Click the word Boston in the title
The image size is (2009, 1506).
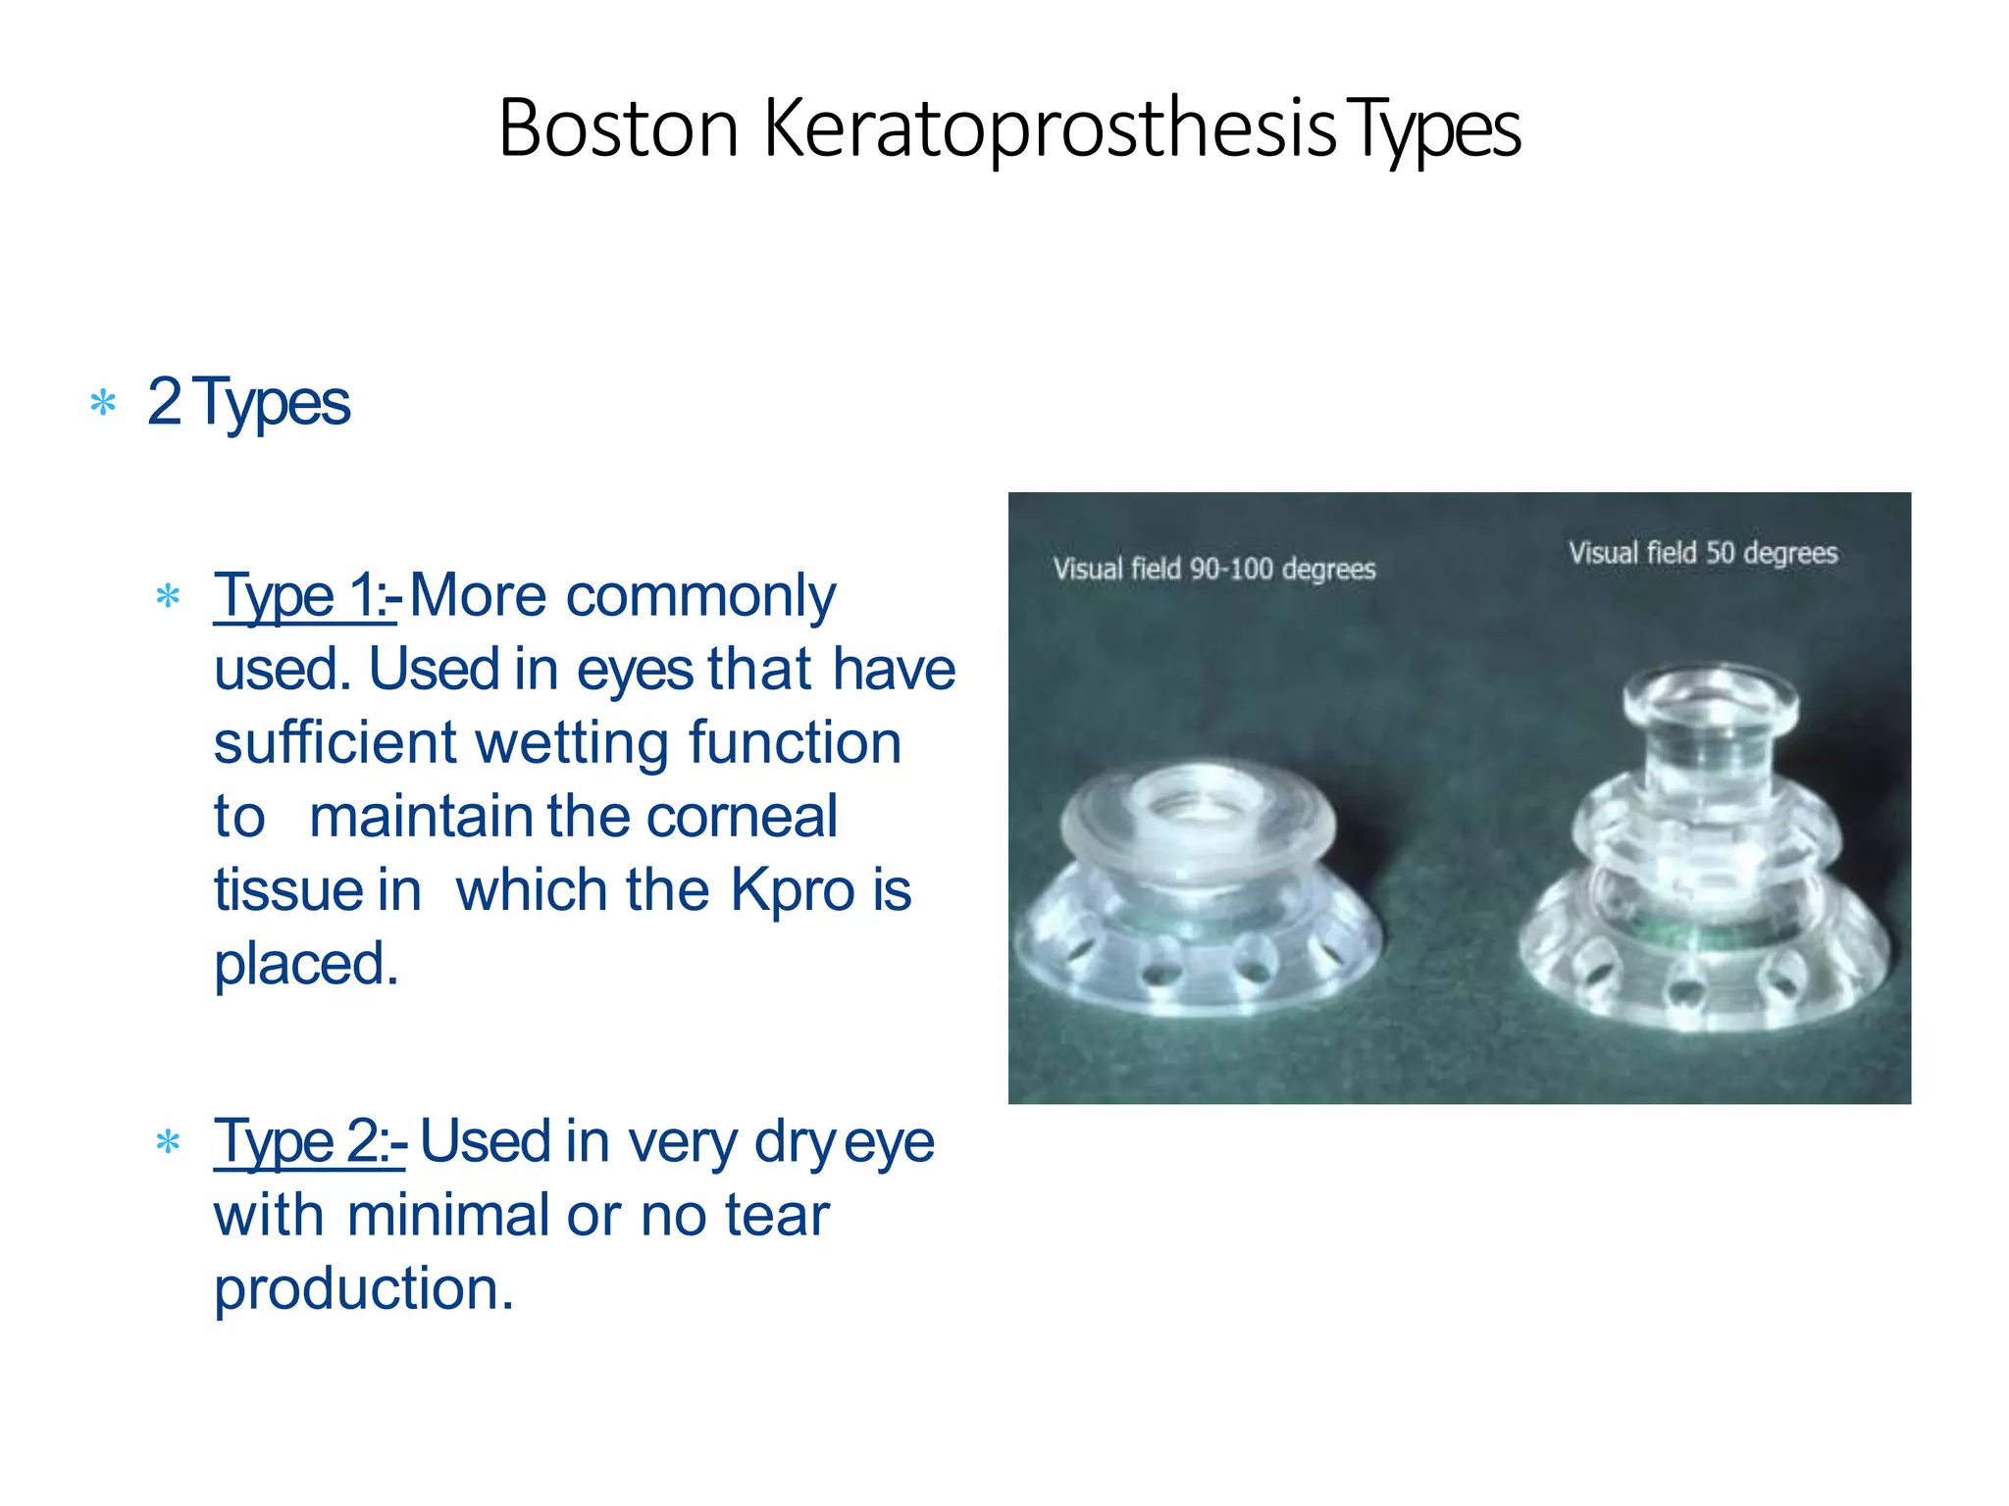click(618, 128)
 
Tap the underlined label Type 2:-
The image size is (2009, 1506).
click(309, 1142)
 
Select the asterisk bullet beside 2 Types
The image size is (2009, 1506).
click(103, 403)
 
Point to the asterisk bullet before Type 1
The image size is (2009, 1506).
click(169, 596)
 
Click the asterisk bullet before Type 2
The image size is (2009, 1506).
click(169, 1142)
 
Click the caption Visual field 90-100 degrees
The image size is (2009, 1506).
click(1214, 569)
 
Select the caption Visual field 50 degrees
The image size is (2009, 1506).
click(1702, 553)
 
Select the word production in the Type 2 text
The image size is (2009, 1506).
click(363, 1288)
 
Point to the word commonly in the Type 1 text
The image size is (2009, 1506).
click(700, 596)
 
